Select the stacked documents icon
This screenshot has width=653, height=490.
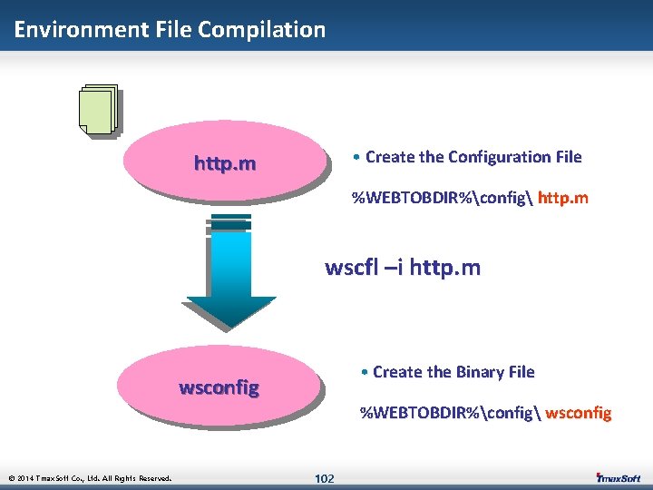coord(98,110)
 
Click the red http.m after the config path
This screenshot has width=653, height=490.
coord(563,198)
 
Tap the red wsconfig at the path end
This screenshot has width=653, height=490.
coord(580,414)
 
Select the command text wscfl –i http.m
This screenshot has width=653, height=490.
coord(403,268)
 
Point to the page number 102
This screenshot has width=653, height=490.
coord(324,478)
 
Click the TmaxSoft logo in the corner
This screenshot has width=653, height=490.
coord(619,477)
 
